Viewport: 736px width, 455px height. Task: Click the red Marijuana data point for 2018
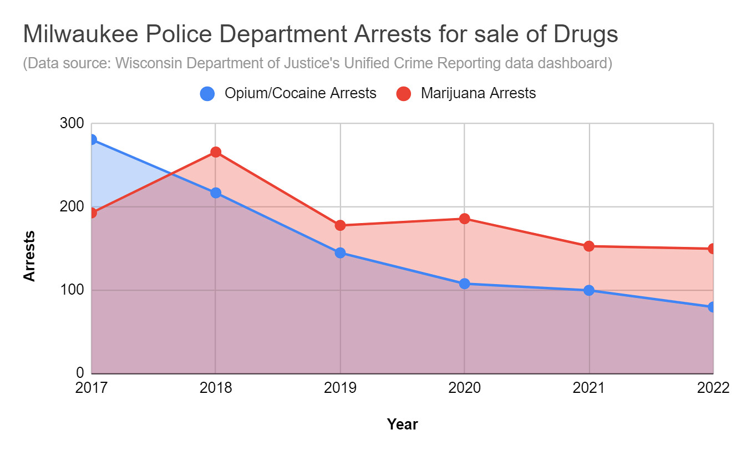click(x=216, y=152)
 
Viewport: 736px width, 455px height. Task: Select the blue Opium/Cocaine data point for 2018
click(x=216, y=193)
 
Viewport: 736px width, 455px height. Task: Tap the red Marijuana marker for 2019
click(x=340, y=225)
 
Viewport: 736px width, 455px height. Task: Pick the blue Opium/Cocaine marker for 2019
click(x=340, y=252)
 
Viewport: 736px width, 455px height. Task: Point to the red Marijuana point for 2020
click(x=464, y=219)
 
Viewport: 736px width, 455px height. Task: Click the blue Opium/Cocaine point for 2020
click(x=464, y=284)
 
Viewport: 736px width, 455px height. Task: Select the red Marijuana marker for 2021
click(x=589, y=246)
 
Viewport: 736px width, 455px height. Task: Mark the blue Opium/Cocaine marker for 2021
click(x=589, y=290)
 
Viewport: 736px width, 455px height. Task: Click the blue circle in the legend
click(x=207, y=94)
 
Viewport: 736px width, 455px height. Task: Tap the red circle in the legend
click(x=403, y=94)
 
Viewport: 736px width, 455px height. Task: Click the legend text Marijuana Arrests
click(x=478, y=93)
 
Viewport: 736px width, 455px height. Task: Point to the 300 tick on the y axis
click(x=71, y=124)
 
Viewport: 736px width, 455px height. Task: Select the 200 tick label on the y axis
click(x=71, y=207)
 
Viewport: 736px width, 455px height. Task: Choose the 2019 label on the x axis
click(x=340, y=388)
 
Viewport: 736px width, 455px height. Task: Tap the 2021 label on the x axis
click(x=589, y=388)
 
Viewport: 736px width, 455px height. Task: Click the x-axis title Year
click(x=402, y=424)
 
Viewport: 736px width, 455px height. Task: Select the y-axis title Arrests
click(x=29, y=256)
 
